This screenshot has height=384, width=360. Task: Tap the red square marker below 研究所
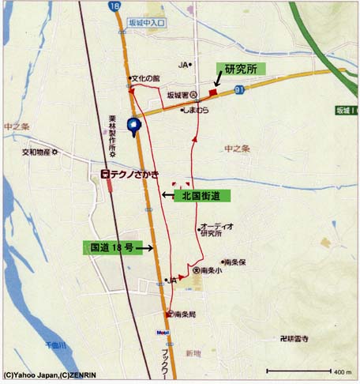(x=213, y=92)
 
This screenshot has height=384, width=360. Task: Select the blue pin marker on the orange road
(x=135, y=124)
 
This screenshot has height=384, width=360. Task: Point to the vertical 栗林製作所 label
(x=113, y=135)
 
